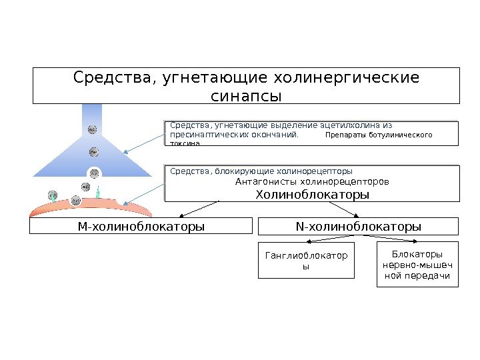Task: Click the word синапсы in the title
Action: (x=246, y=96)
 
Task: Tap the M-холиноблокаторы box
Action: (x=141, y=227)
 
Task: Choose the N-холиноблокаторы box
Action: (x=359, y=227)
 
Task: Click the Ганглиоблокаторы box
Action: (x=306, y=260)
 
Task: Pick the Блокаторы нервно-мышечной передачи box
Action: (x=417, y=265)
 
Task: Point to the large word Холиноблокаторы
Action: (x=312, y=195)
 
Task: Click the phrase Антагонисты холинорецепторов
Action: (x=312, y=181)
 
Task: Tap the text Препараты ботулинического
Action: (x=379, y=135)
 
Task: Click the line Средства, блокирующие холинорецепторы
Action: (x=261, y=171)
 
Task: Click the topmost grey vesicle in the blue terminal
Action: (x=92, y=129)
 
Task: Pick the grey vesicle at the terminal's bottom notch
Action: (x=94, y=174)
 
